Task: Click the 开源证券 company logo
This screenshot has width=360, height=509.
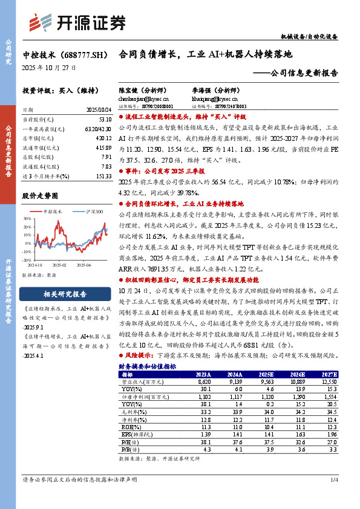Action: click(78, 23)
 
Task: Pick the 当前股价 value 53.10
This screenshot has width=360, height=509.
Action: click(104, 120)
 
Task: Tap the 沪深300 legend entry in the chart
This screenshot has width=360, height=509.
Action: click(91, 212)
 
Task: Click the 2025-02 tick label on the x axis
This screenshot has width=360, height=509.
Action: click(58, 265)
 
